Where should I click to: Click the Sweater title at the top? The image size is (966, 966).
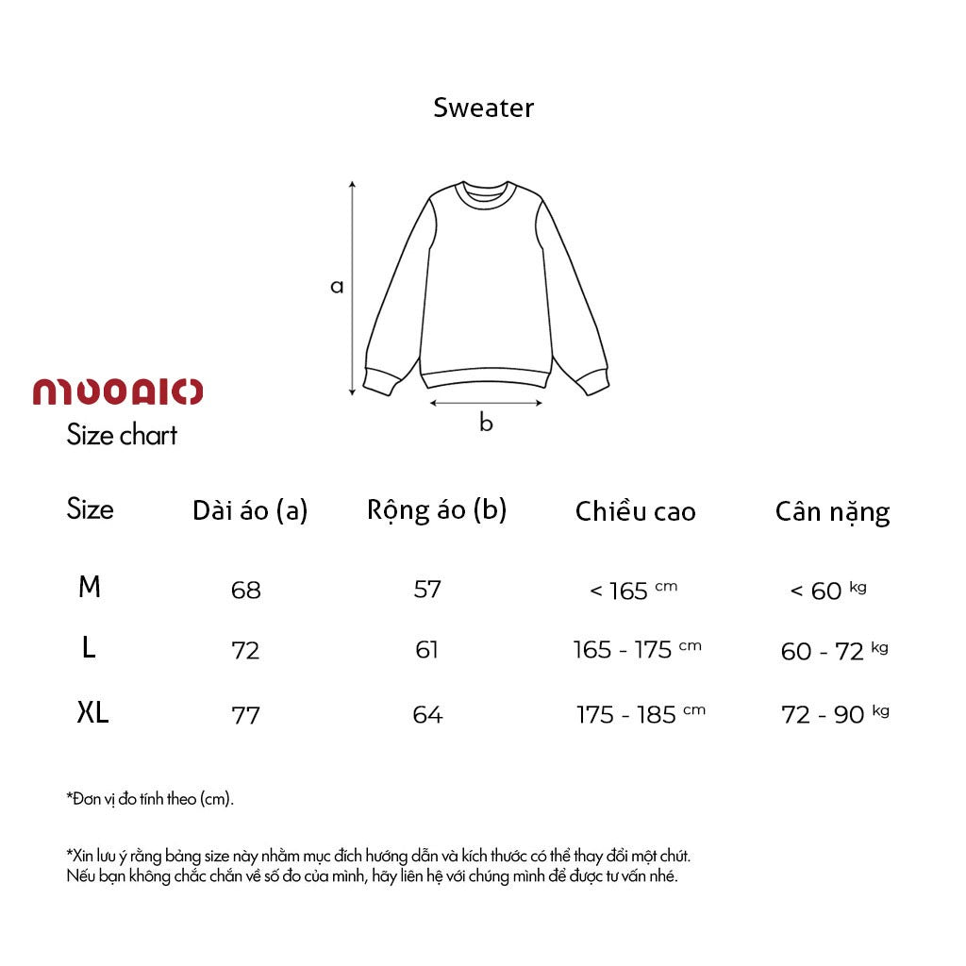(x=483, y=108)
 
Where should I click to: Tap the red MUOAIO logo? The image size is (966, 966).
(x=118, y=391)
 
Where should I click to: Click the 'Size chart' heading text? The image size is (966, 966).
(x=122, y=435)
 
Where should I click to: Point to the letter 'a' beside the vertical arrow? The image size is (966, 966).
(x=337, y=286)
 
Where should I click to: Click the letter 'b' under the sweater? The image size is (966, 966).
(x=486, y=424)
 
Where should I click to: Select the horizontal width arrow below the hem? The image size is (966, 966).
(x=486, y=403)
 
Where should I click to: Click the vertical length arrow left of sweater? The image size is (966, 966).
(x=353, y=288)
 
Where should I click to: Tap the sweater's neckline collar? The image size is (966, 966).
(x=485, y=192)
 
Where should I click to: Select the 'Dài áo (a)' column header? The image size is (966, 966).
(x=250, y=510)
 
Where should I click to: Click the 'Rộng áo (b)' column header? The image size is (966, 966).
(x=437, y=509)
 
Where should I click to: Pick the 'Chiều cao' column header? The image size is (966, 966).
(x=635, y=511)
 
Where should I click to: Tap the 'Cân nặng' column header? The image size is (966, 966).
(x=832, y=512)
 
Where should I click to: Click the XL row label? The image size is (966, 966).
(x=92, y=713)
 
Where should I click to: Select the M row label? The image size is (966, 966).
(x=90, y=588)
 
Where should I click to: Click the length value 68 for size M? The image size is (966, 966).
(x=245, y=591)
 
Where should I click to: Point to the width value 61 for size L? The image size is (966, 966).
(x=427, y=650)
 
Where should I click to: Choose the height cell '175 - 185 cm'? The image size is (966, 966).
(x=640, y=714)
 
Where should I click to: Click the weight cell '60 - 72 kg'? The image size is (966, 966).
(x=834, y=651)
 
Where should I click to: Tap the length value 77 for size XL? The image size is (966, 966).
(x=245, y=715)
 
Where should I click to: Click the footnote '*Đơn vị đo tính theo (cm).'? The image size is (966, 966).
(x=150, y=799)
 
